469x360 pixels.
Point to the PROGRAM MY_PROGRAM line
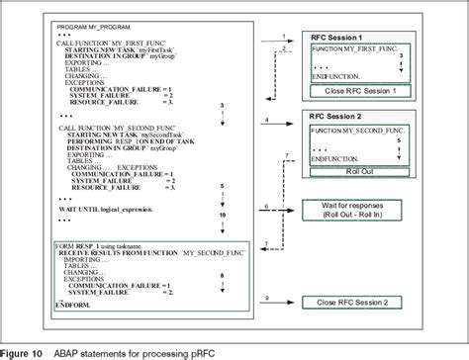click(x=71, y=20)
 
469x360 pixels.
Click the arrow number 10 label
click(x=252, y=215)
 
